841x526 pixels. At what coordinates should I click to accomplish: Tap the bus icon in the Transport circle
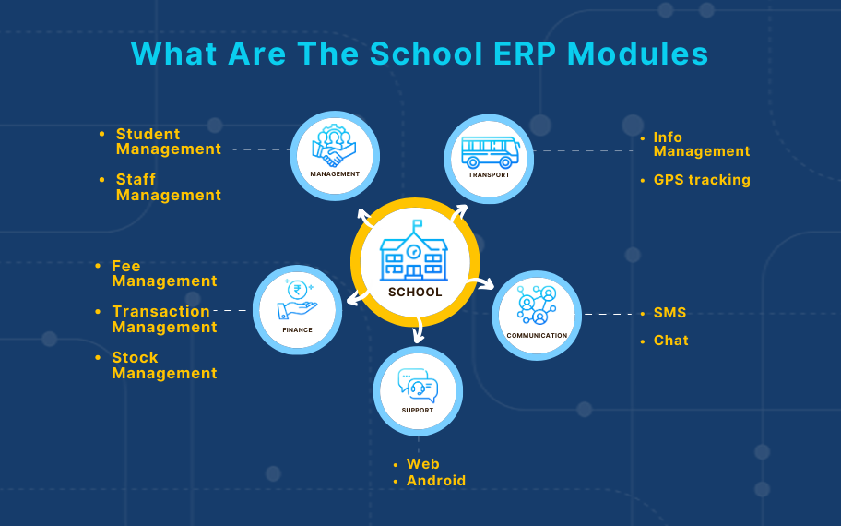(490, 150)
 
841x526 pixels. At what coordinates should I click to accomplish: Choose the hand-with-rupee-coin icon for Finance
(298, 300)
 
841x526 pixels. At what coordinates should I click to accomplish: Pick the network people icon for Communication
(537, 305)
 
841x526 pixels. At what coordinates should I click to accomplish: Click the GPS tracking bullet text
(702, 180)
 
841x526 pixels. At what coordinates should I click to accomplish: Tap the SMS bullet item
(669, 314)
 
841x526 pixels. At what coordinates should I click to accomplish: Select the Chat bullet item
(670, 341)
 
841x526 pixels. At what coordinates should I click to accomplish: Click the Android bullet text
(436, 481)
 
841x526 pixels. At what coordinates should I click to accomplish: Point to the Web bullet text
(423, 464)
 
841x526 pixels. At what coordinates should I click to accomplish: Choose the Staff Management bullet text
(168, 187)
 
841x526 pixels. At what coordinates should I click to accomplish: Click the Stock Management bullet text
(164, 365)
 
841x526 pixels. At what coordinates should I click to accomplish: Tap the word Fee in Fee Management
(126, 266)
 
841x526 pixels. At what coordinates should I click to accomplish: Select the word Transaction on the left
(161, 311)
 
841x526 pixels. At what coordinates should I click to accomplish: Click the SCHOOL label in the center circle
(415, 292)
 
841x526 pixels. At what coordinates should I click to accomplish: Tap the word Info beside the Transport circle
(668, 137)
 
